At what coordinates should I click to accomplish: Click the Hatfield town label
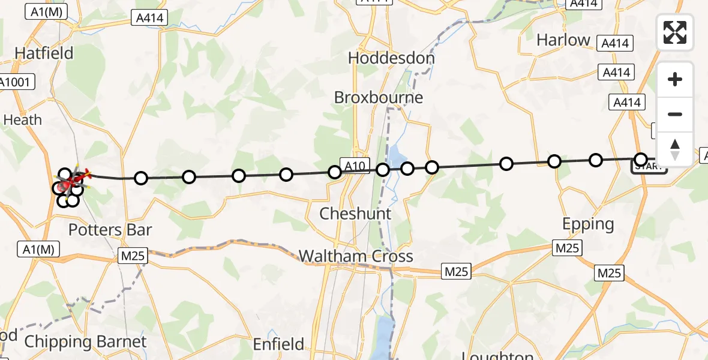click(44, 53)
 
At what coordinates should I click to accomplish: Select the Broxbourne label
click(379, 97)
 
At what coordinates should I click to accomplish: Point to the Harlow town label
click(563, 40)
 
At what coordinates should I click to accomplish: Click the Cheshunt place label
click(355, 214)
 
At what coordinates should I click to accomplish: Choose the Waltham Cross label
click(356, 256)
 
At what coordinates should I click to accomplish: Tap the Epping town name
click(588, 224)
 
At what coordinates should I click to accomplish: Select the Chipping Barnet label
click(85, 342)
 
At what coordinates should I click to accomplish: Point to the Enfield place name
click(278, 344)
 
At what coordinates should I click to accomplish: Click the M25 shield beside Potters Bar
click(132, 256)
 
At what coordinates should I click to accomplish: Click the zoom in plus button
click(675, 79)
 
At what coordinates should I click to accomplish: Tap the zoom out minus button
click(675, 114)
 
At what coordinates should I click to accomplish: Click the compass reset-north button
click(675, 149)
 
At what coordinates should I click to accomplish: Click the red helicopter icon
click(78, 177)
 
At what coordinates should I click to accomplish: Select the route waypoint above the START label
click(640, 159)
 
